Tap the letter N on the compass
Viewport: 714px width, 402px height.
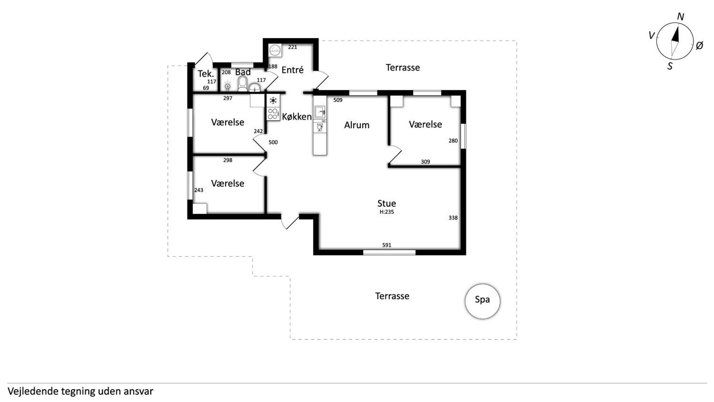pyautogui.click(x=680, y=17)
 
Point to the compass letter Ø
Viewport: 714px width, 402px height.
pyautogui.click(x=699, y=45)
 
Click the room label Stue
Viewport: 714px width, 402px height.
pyautogui.click(x=387, y=203)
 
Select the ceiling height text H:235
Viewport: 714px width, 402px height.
pyautogui.click(x=387, y=212)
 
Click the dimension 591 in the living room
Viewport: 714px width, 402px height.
pyautogui.click(x=387, y=245)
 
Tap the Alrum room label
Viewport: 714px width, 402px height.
pyautogui.click(x=357, y=125)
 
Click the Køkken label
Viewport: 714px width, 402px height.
pyautogui.click(x=297, y=116)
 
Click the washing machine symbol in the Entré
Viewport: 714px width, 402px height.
pyautogui.click(x=275, y=51)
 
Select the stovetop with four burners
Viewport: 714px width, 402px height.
pyautogui.click(x=273, y=114)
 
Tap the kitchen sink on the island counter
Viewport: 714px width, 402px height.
pyautogui.click(x=320, y=112)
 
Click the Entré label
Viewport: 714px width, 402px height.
pyautogui.click(x=293, y=70)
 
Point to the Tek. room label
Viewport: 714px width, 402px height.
pyautogui.click(x=206, y=74)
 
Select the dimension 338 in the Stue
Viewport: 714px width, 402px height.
pyautogui.click(x=453, y=218)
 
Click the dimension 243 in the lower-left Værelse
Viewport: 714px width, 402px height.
pyautogui.click(x=199, y=190)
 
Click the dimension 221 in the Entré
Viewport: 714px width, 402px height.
pyautogui.click(x=293, y=47)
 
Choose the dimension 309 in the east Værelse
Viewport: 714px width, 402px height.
pyautogui.click(x=426, y=162)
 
